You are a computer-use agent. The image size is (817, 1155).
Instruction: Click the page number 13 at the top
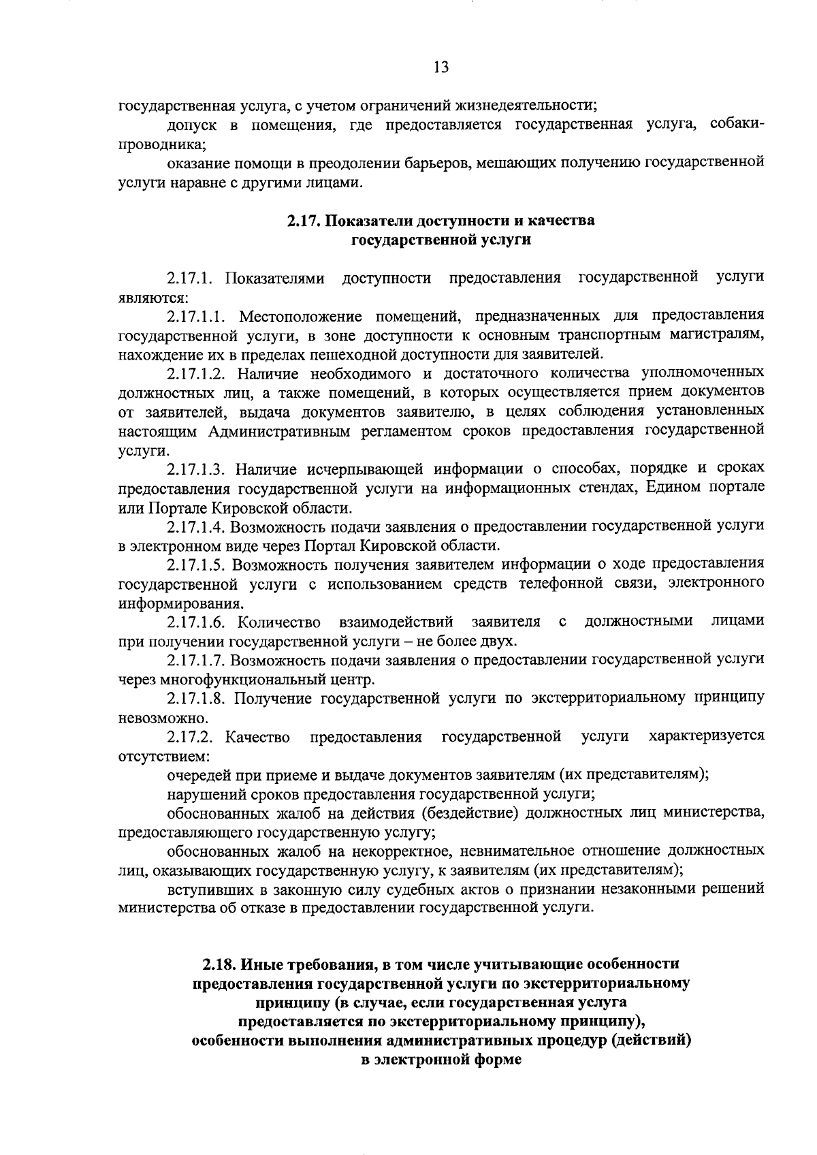pyautogui.click(x=440, y=67)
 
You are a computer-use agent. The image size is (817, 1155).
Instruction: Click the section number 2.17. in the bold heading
pyautogui.click(x=303, y=221)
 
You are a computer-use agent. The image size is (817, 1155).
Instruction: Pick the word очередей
pyautogui.click(x=197, y=775)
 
